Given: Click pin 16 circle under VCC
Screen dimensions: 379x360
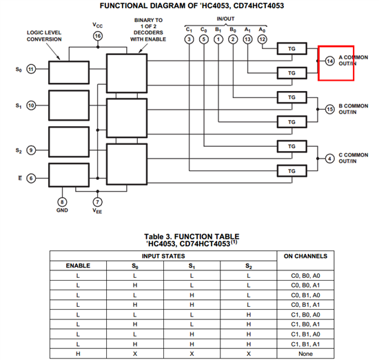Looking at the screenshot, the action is (x=98, y=36).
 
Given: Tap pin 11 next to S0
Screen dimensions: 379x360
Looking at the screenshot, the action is (x=31, y=69).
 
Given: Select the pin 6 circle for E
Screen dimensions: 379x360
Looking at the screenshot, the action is (x=31, y=179).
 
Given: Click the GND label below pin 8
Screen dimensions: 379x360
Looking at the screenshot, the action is (x=62, y=210).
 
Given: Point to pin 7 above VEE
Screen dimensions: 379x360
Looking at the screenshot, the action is (x=97, y=202).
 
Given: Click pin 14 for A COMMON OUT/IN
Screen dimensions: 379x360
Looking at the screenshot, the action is (x=329, y=61).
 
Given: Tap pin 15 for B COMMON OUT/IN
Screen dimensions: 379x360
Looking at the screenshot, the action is (x=329, y=110).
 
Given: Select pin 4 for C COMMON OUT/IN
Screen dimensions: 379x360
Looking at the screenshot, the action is (x=329, y=159).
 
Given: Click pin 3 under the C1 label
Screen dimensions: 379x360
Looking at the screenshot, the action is (x=189, y=39).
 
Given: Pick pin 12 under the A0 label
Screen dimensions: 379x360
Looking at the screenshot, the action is (x=262, y=39).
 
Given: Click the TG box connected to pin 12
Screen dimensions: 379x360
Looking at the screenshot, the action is (x=292, y=49).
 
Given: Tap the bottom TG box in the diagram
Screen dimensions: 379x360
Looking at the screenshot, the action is (x=292, y=171).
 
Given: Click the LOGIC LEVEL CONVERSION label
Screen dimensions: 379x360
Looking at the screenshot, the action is (x=44, y=36).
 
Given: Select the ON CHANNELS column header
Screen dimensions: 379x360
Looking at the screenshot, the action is (x=305, y=256).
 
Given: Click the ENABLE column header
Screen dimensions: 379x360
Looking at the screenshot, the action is (x=78, y=266).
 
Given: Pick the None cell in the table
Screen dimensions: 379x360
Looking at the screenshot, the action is (x=305, y=354).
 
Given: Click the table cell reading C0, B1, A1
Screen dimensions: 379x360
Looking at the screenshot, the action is (x=305, y=305).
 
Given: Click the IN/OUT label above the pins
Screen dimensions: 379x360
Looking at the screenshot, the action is (x=225, y=19).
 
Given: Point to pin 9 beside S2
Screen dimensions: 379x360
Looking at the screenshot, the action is (x=31, y=150).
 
